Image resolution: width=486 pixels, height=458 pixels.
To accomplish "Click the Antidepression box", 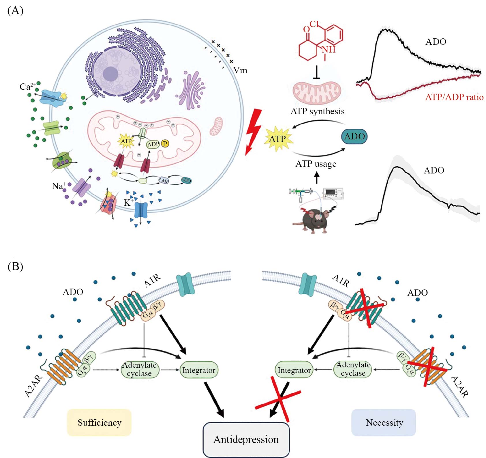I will pos(246,440).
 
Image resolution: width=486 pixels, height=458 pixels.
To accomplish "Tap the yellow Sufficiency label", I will pos(99,423).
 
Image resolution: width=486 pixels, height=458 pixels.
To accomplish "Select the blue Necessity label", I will pos(384,423).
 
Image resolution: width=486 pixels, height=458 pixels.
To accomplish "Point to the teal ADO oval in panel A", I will pos(354,137).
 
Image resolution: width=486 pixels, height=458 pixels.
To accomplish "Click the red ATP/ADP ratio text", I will pos(454,97).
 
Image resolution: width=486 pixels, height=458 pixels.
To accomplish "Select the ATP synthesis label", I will pos(317,111).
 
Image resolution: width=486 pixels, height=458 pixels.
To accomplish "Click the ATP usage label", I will pos(316,164).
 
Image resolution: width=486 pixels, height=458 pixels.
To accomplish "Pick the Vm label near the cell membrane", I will pos(240,70).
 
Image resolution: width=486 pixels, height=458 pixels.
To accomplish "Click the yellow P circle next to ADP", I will pos(165,143).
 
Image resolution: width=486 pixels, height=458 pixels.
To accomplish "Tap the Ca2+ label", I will pos(27,86).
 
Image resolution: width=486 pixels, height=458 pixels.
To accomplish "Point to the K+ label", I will pos(129,202).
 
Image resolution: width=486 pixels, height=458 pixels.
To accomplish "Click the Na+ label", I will pos(59,186).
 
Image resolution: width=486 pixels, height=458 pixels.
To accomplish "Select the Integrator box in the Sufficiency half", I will pos(199,370).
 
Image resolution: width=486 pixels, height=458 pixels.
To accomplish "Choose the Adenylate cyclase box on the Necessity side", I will pos(353,369).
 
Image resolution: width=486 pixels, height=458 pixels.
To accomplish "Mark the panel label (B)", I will pos(15,266).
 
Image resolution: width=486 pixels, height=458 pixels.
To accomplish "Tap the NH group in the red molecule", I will pos(328,50).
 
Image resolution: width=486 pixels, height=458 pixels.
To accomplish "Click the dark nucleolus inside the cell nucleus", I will pos(110,74).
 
